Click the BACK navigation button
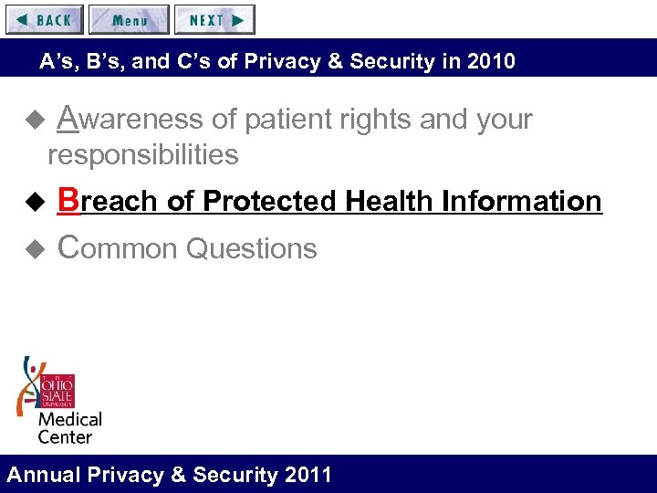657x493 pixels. pyautogui.click(x=44, y=19)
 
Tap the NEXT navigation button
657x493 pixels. pyautogui.click(x=214, y=19)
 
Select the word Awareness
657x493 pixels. pyautogui.click(x=130, y=120)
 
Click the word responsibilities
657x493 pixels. pyautogui.click(x=143, y=155)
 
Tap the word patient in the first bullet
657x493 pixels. pyautogui.click(x=305, y=120)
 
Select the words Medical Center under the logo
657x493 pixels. pyautogui.click(x=69, y=428)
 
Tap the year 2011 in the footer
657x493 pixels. pyautogui.click(x=308, y=475)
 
